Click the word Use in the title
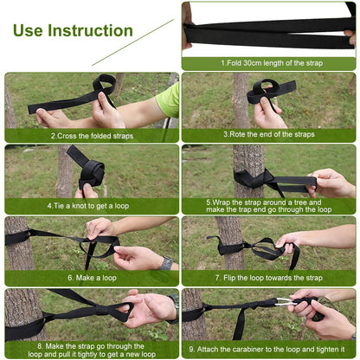click(x=32, y=31)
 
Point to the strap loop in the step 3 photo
click(x=265, y=91)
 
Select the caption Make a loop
click(x=92, y=279)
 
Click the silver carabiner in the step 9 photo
click(x=286, y=303)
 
